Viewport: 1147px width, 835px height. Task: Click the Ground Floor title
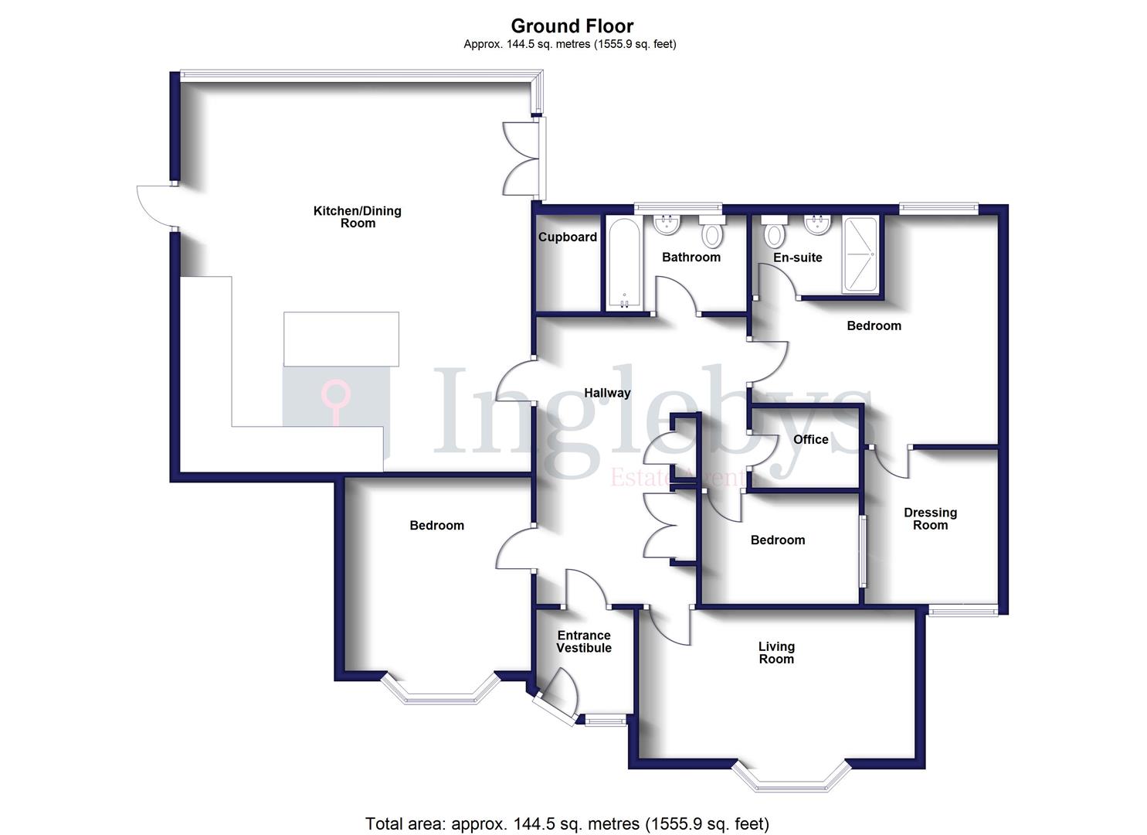click(572, 26)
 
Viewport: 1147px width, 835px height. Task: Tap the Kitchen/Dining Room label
click(357, 217)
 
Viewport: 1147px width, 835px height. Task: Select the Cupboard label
click(568, 237)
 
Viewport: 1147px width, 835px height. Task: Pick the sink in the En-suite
click(816, 224)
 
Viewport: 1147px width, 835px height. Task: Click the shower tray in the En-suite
click(860, 255)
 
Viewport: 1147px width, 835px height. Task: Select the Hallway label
click(607, 393)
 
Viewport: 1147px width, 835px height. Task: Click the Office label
click(811, 439)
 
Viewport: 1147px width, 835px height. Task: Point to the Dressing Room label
click(930, 519)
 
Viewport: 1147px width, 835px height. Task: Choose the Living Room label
click(776, 653)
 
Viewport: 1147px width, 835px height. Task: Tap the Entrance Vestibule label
click(584, 642)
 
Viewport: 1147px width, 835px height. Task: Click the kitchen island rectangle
click(341, 339)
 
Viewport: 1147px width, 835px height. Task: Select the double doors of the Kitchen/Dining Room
click(521, 158)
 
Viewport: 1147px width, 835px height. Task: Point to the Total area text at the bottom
click(567, 823)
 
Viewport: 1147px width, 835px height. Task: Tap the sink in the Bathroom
click(666, 225)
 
